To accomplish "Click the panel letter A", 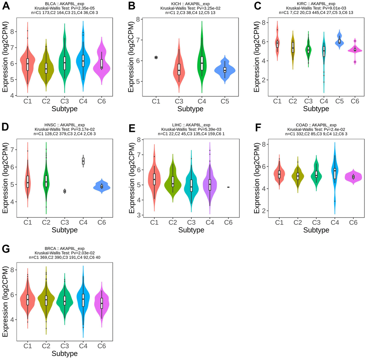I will [6, 6].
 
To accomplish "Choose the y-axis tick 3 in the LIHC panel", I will [142, 215].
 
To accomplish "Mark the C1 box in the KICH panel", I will [155, 57].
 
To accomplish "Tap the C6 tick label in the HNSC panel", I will [101, 222].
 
